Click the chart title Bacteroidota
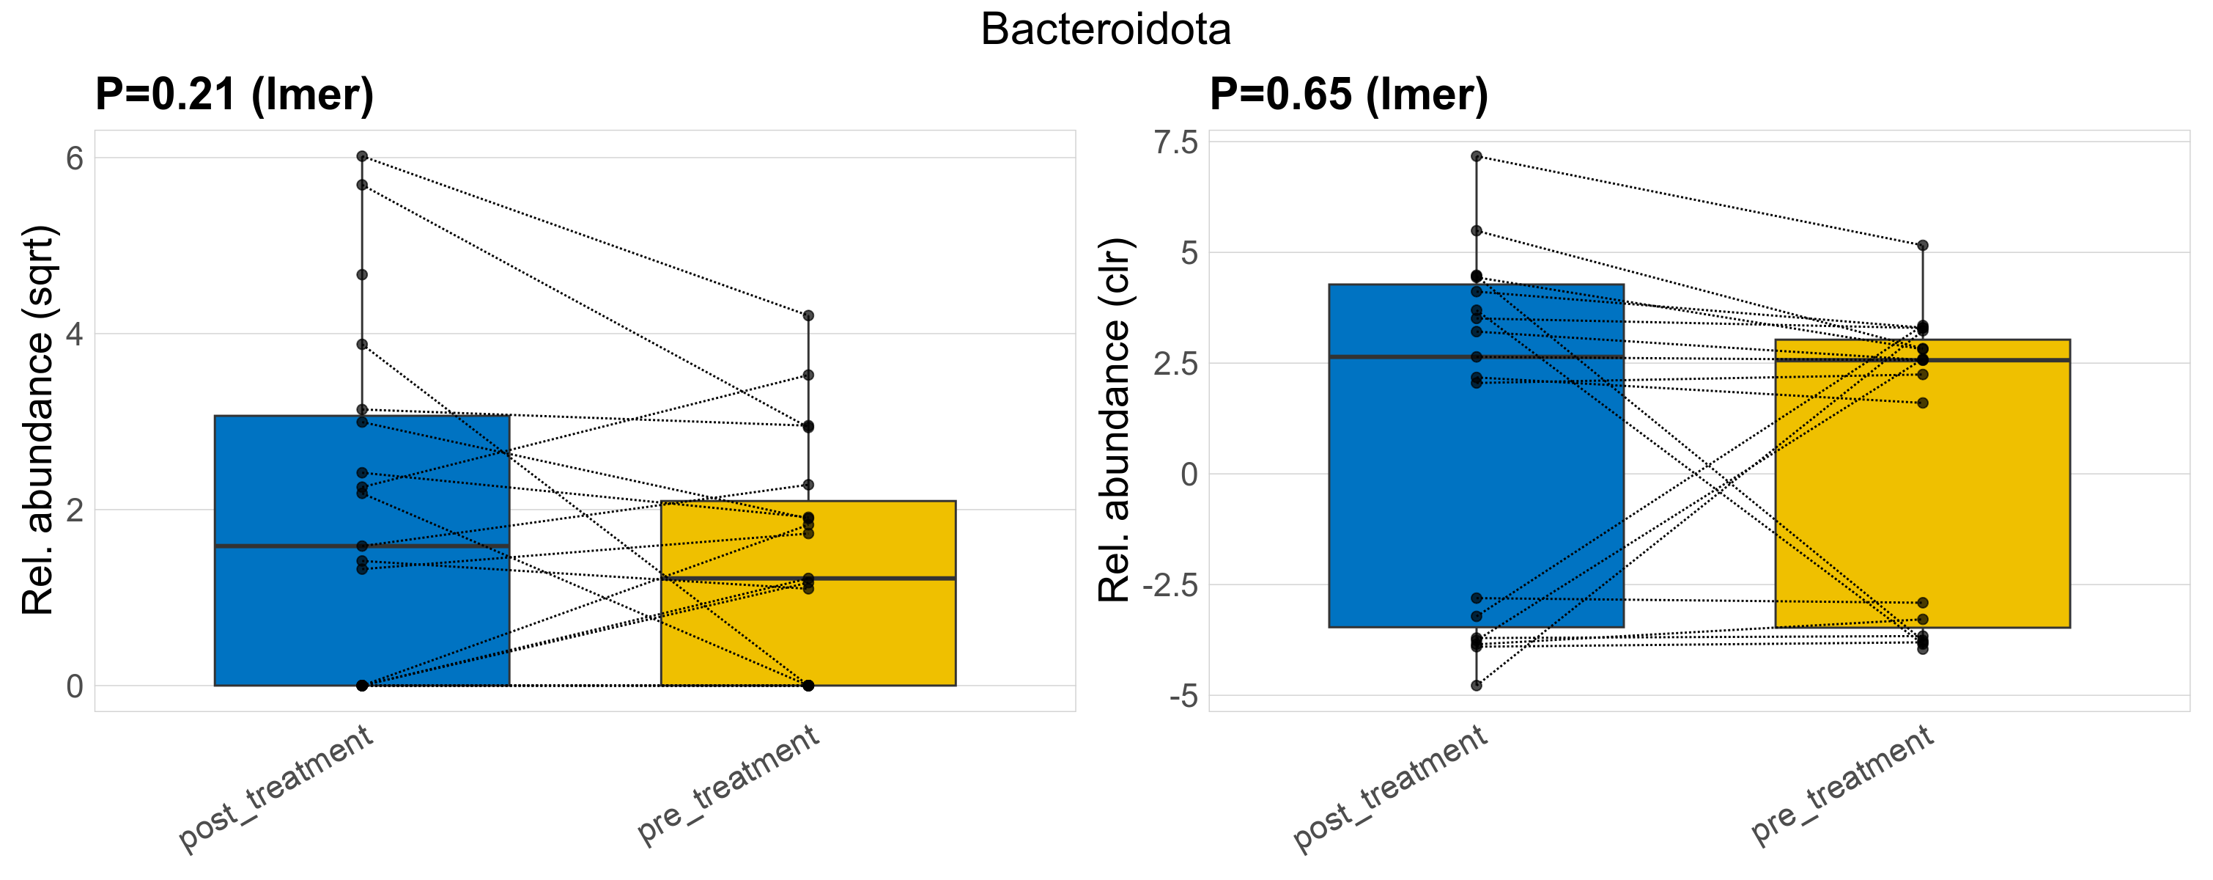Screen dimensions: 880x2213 [1106, 30]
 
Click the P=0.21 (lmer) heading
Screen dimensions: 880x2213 [234, 94]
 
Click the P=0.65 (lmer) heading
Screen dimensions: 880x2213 [1349, 94]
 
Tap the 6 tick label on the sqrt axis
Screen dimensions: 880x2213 [75, 158]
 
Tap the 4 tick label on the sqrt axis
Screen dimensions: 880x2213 [75, 334]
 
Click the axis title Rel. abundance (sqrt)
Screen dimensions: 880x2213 [39, 420]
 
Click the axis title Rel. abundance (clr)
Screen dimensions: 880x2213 [1116, 420]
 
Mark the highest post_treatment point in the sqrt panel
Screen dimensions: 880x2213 [362, 156]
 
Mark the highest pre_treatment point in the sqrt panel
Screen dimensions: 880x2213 [808, 316]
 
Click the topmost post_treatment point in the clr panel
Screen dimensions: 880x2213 [1476, 156]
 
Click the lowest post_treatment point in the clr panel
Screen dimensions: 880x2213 [1476, 686]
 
